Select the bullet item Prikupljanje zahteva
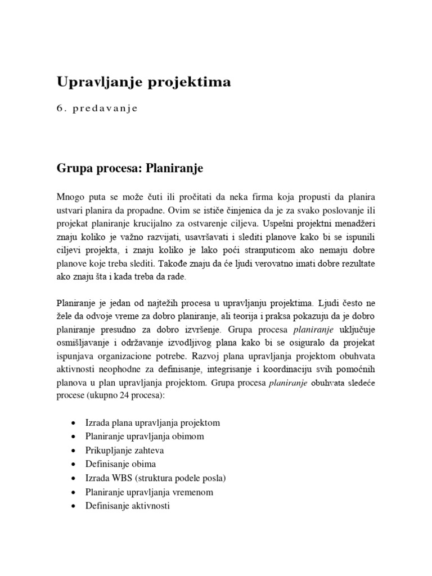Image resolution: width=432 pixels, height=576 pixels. (x=125, y=451)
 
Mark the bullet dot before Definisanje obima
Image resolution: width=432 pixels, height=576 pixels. (x=76, y=465)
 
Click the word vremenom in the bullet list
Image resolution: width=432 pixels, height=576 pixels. (x=194, y=492)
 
